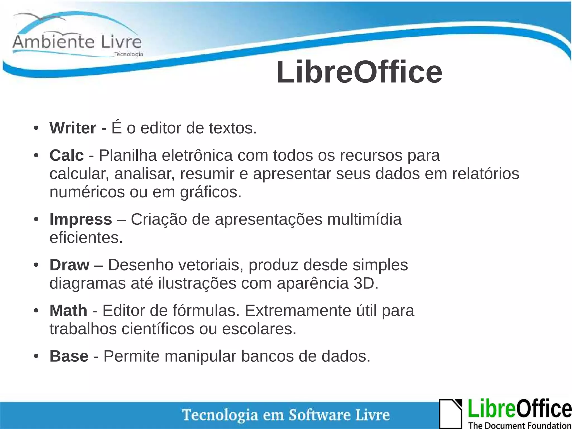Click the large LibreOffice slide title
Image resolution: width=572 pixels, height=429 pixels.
[359, 72]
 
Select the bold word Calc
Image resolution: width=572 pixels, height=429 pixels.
[66, 155]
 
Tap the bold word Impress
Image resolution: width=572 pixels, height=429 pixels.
[81, 219]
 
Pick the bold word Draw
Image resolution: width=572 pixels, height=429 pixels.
[69, 265]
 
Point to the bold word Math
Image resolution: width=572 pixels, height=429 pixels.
[68, 311]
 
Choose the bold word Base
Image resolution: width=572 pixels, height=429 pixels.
[69, 356]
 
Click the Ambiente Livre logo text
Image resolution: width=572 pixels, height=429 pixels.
[77, 42]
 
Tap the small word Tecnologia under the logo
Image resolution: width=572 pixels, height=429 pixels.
[129, 54]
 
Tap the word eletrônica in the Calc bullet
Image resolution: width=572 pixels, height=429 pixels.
[197, 155]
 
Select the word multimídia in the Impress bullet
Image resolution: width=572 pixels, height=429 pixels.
[364, 219]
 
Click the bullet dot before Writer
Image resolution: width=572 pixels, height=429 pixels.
[36, 128]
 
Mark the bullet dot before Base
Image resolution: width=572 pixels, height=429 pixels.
[36, 356]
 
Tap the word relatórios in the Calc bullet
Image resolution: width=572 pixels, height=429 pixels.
[486, 174]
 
